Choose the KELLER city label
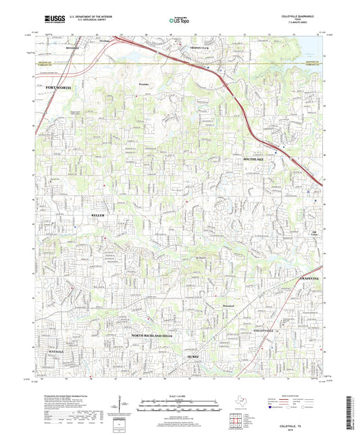point(99,214)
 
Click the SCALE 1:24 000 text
point(179,394)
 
